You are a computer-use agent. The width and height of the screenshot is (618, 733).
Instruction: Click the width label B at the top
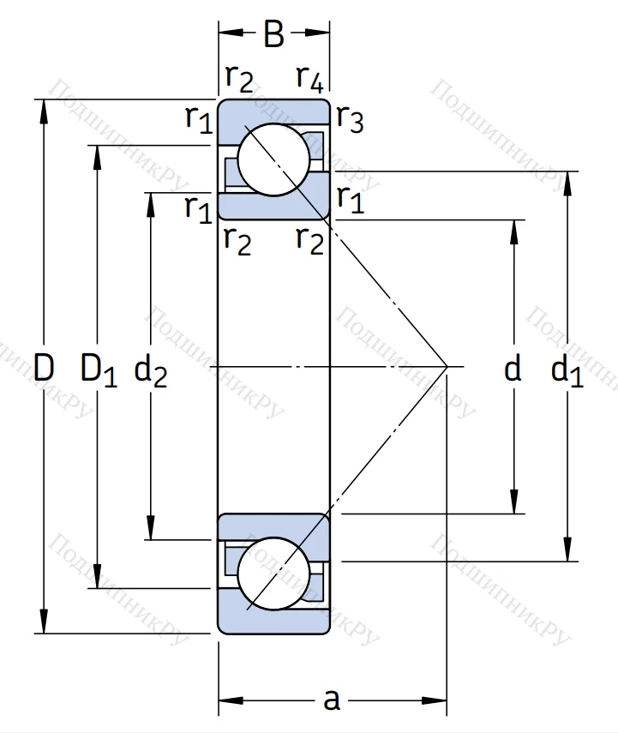click(273, 35)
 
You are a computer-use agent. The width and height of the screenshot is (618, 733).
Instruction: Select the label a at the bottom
click(332, 700)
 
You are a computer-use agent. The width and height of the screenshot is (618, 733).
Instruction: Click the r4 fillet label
click(309, 79)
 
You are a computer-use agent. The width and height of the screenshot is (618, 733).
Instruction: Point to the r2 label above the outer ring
click(239, 79)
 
